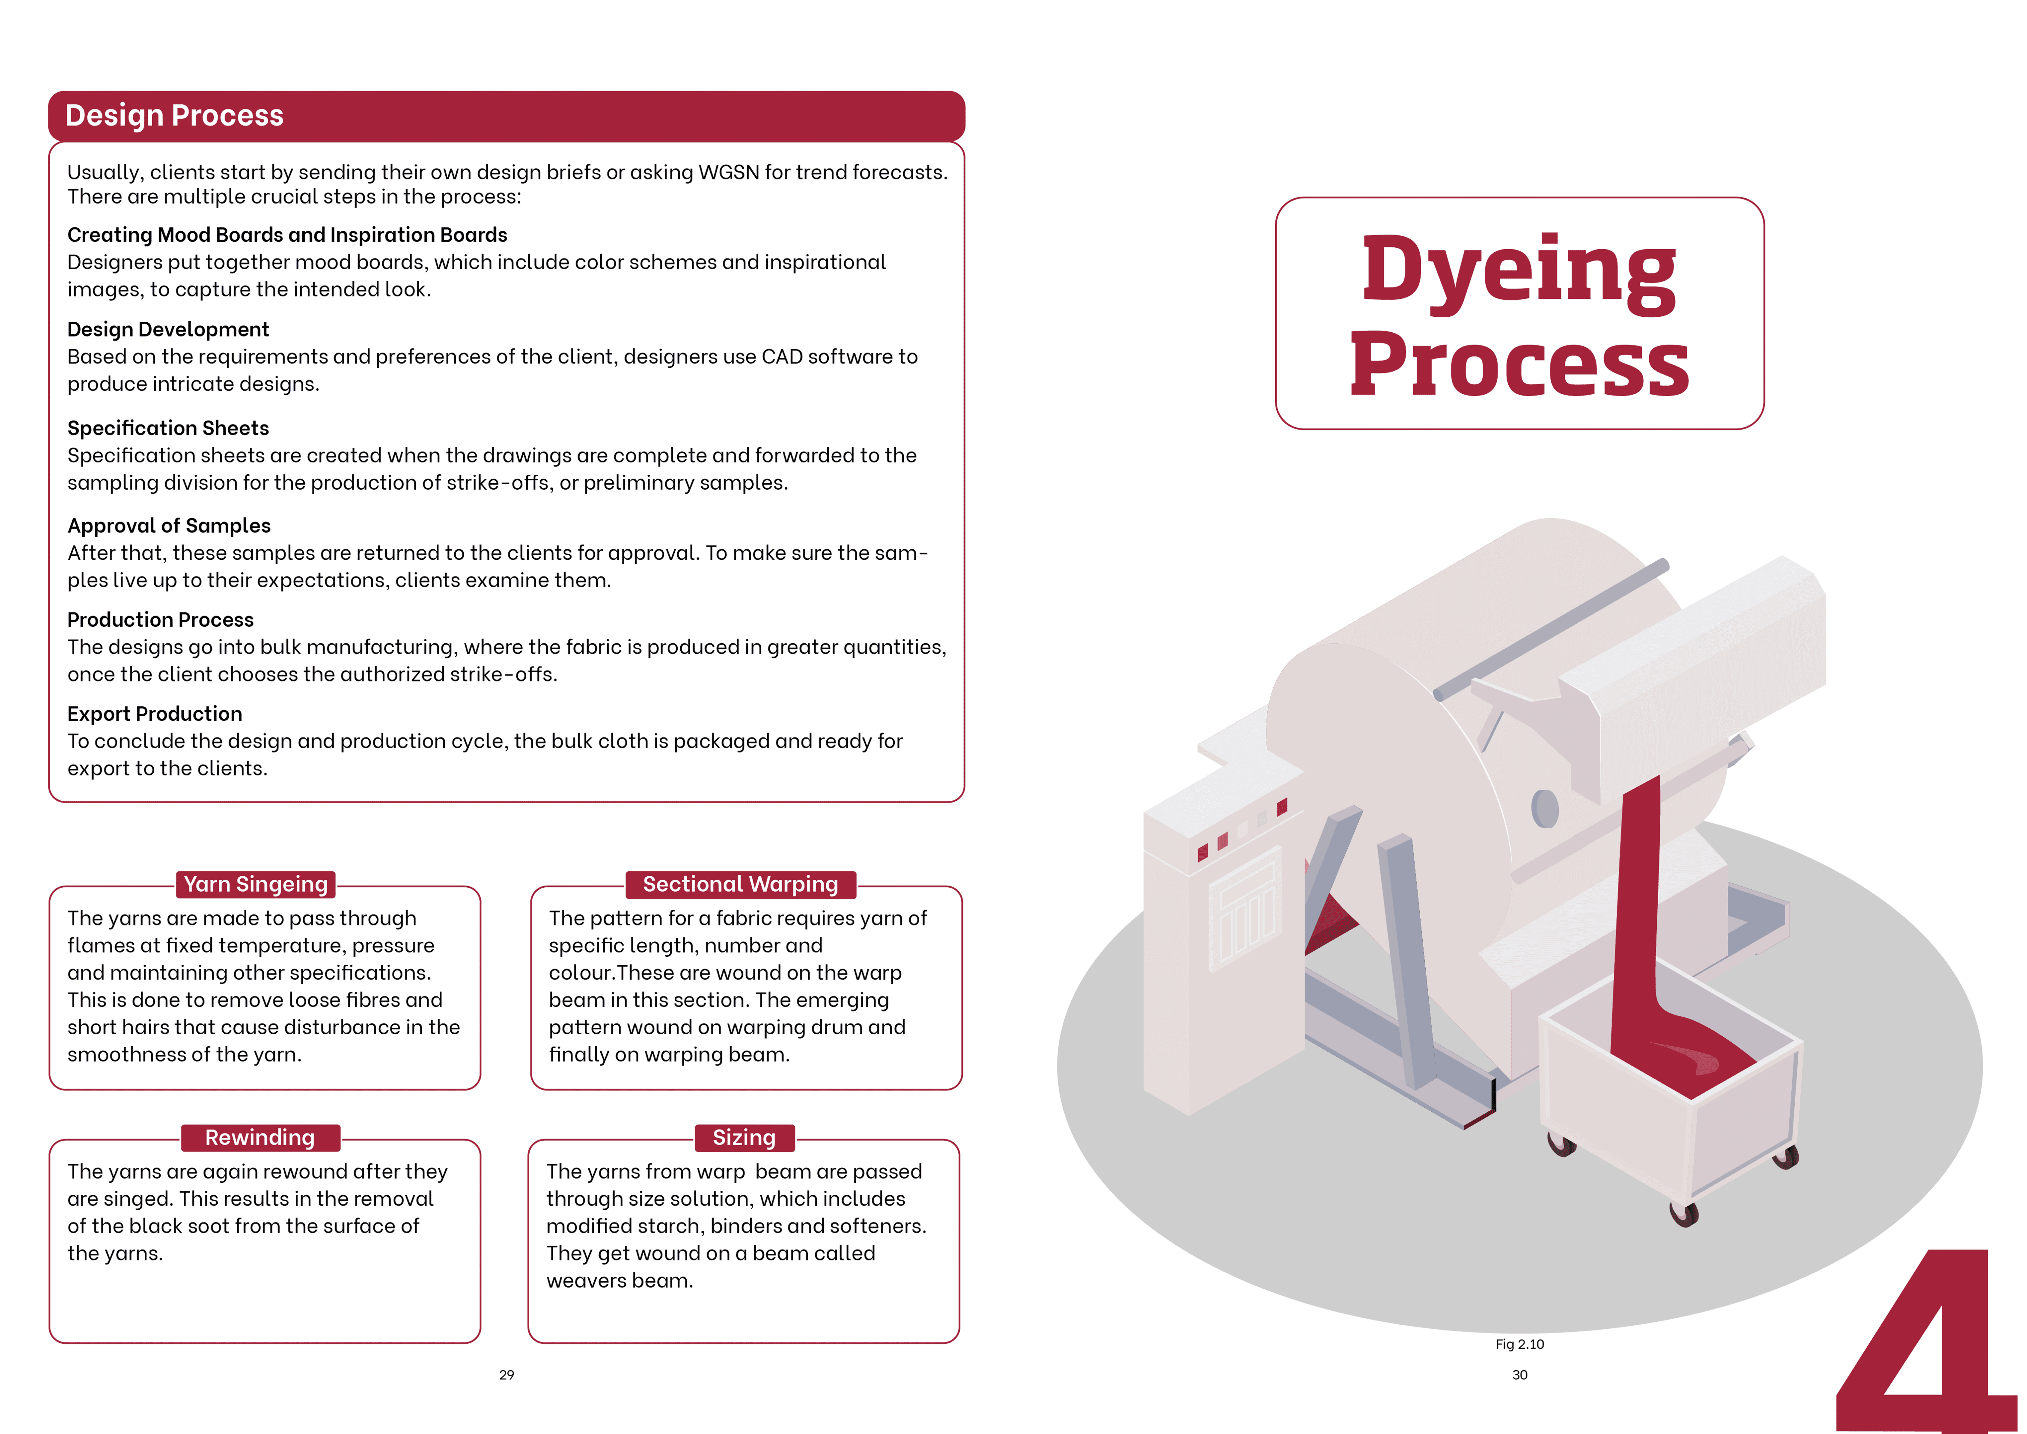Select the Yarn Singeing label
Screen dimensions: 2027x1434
(x=256, y=884)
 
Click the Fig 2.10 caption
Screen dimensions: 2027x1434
(x=1519, y=1344)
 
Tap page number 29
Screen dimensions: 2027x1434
(x=507, y=1375)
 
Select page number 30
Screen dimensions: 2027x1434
(x=1519, y=1375)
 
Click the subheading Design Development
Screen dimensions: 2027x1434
(x=168, y=329)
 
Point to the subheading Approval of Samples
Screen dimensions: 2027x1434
(x=169, y=525)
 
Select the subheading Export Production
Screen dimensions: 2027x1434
(x=155, y=713)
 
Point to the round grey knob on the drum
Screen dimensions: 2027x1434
(x=1544, y=808)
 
